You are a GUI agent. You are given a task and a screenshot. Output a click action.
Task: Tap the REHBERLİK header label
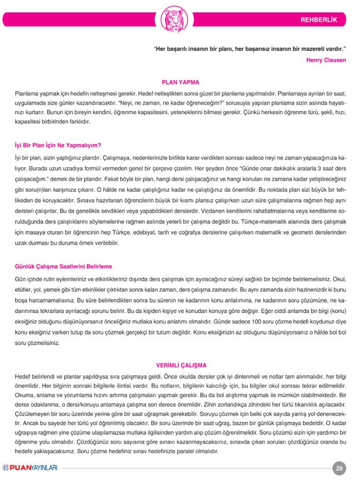click(319, 20)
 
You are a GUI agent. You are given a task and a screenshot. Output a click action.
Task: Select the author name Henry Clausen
click(326, 60)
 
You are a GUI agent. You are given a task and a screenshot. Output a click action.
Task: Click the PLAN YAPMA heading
click(180, 82)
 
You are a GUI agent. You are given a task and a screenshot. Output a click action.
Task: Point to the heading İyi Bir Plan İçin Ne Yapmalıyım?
click(58, 145)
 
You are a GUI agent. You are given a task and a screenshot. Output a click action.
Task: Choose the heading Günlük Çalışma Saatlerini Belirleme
click(64, 266)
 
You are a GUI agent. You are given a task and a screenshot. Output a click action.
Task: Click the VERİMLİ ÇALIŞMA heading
click(181, 366)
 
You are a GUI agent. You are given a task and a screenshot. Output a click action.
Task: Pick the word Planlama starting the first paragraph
click(28, 92)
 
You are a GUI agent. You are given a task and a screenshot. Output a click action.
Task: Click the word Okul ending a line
click(339, 279)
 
